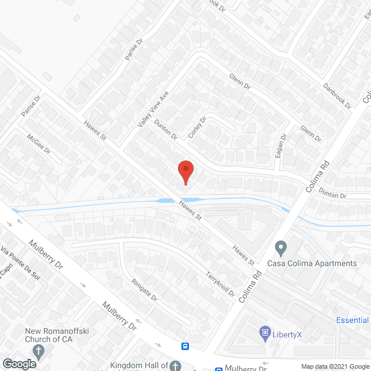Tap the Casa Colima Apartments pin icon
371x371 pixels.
281,249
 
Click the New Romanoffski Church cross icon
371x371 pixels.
39,351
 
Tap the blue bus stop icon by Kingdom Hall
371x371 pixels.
185,347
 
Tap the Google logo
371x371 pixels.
19,363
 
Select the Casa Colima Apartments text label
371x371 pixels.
311,263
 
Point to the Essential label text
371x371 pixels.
352,320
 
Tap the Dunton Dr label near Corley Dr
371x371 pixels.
166,128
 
